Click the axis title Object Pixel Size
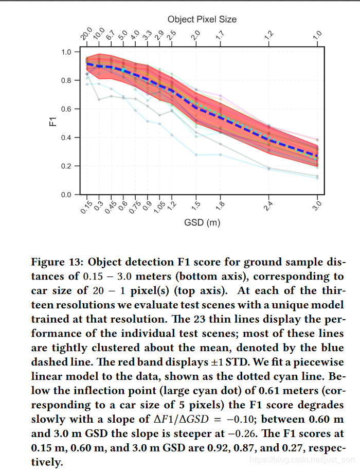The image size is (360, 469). (x=202, y=19)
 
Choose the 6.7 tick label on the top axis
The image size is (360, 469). (x=110, y=37)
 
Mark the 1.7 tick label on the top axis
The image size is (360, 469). (x=220, y=37)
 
